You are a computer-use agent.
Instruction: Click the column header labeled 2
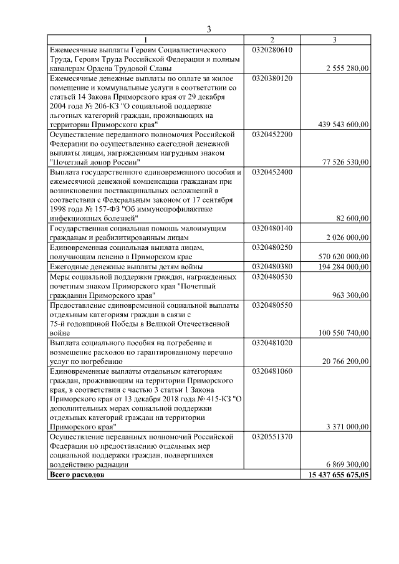tap(272, 41)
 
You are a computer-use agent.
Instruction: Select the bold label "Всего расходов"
tap(77, 474)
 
